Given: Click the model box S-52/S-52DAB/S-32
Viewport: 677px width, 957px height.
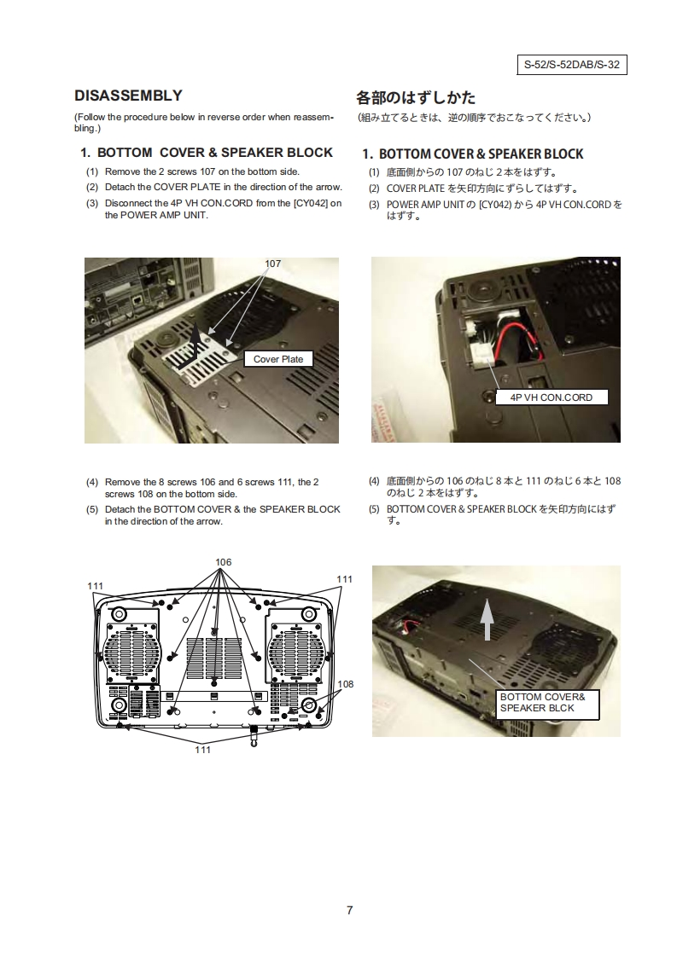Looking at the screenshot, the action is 572,65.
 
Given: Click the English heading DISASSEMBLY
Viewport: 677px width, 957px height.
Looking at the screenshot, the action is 128,96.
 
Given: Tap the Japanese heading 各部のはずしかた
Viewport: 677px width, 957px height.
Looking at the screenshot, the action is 416,97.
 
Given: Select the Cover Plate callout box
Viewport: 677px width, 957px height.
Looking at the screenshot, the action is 278,359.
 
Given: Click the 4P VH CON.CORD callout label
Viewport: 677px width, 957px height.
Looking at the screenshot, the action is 552,397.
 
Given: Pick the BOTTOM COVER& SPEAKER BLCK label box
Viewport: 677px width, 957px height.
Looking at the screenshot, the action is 547,705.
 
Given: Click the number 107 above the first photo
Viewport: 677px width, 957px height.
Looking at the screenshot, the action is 272,264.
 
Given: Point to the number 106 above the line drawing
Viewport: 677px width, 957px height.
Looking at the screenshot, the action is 224,562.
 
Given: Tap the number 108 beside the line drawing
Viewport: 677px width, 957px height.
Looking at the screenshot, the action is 346,684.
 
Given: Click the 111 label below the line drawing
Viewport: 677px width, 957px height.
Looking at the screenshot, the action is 203,750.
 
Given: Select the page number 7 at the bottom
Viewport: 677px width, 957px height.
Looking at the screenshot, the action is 349,910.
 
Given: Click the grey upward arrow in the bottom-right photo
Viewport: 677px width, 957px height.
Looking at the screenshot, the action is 487,619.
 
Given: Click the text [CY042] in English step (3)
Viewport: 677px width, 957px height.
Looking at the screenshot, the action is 311,203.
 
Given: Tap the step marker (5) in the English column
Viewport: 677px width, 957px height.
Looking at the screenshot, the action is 91,509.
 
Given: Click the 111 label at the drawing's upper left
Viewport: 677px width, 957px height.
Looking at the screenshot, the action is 96,586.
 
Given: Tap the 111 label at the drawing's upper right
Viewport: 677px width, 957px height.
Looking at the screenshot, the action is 345,579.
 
